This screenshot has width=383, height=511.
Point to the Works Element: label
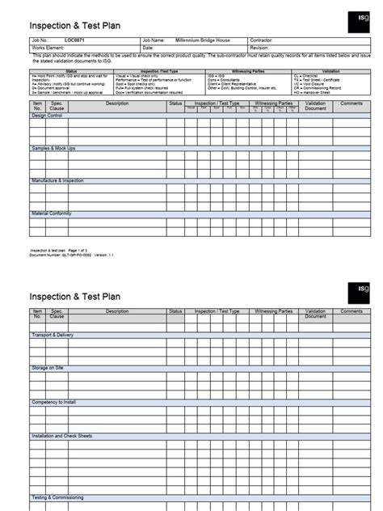pos(47,47)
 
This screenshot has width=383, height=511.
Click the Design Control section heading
pos(47,115)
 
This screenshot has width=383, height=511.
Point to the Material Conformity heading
pos(52,213)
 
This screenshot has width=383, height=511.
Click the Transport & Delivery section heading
pos(53,334)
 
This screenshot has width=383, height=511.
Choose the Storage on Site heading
pos(48,368)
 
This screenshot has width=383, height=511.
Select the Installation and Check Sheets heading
pos(62,436)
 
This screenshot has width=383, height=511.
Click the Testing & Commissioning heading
pos(59,497)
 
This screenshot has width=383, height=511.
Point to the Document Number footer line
pos(73,255)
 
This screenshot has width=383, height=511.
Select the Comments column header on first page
pos(351,103)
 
